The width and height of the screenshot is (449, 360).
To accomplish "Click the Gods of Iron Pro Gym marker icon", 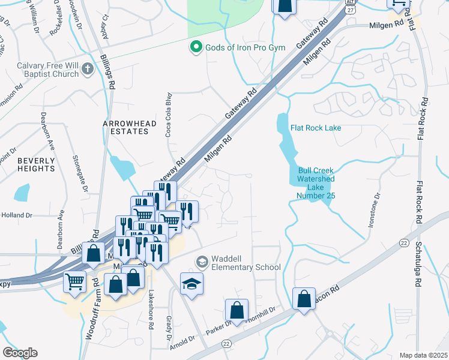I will [196, 47].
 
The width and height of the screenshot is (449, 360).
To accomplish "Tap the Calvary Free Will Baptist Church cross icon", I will [88, 68].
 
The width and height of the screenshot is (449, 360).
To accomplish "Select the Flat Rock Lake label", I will [316, 128].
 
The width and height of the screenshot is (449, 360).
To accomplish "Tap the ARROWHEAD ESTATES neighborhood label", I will [129, 128].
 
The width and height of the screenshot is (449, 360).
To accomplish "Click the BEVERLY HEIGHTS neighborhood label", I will [36, 164].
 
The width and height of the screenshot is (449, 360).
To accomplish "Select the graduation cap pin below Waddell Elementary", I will [191, 283].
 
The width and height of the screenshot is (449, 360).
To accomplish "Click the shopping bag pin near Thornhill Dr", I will [237, 310].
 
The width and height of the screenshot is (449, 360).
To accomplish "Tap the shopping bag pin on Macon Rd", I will [304, 298].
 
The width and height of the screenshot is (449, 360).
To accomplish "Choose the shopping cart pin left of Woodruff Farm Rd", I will [74, 280].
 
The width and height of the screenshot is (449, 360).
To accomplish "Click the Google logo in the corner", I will [20, 353].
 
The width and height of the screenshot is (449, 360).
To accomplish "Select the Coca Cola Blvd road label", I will [169, 114].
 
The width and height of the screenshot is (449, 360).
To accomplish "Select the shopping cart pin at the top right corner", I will [399, 4].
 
